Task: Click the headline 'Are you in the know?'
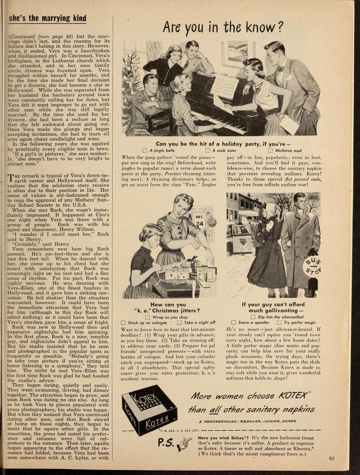(x=223, y=27)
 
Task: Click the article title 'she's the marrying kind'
(x=48, y=19)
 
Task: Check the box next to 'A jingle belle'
(x=145, y=150)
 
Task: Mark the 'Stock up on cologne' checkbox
(x=124, y=323)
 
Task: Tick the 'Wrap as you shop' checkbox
(x=147, y=317)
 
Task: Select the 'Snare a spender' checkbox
(x=233, y=322)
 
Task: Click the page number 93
(x=331, y=458)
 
